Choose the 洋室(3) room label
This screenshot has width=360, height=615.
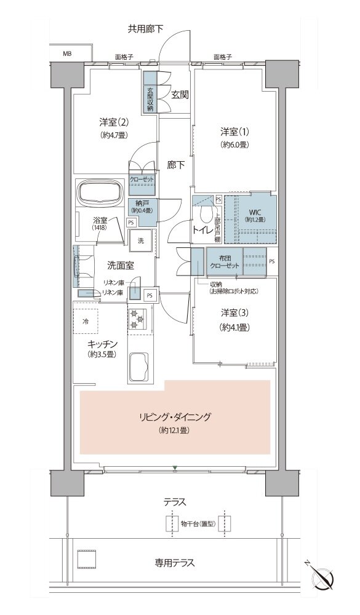point(234,312)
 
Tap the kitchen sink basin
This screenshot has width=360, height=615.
point(140,367)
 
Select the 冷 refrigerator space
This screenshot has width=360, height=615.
point(86,321)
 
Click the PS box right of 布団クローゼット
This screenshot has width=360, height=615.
point(273,261)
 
